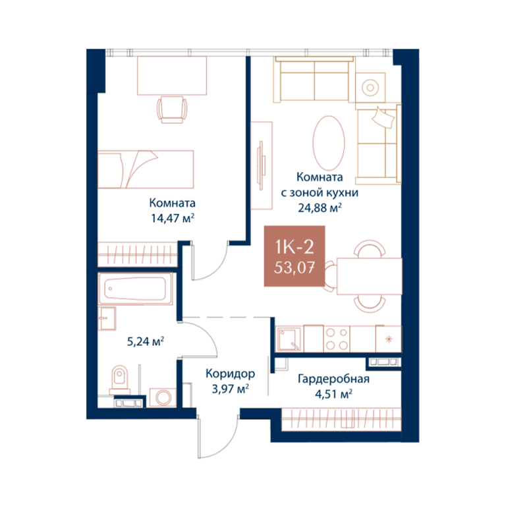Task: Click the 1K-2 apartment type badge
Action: tap(295, 256)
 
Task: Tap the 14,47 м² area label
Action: tap(173, 219)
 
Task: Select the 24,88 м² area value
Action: tap(320, 208)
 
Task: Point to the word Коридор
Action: tap(230, 374)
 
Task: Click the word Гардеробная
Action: tap(333, 379)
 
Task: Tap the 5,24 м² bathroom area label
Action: tap(146, 341)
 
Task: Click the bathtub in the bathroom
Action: tap(136, 289)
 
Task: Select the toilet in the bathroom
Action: tap(119, 379)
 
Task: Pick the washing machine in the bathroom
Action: tap(163, 397)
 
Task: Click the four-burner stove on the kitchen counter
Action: tap(337, 339)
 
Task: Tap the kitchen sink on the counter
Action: tap(289, 339)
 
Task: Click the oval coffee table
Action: tap(329, 143)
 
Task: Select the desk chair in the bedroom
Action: tap(172, 109)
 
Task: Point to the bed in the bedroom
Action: tap(146, 169)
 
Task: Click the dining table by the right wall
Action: tap(369, 276)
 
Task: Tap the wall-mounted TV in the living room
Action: tap(262, 163)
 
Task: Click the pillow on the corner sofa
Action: tap(383, 117)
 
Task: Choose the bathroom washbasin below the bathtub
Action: tap(107, 318)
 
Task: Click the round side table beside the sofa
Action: tap(370, 88)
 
